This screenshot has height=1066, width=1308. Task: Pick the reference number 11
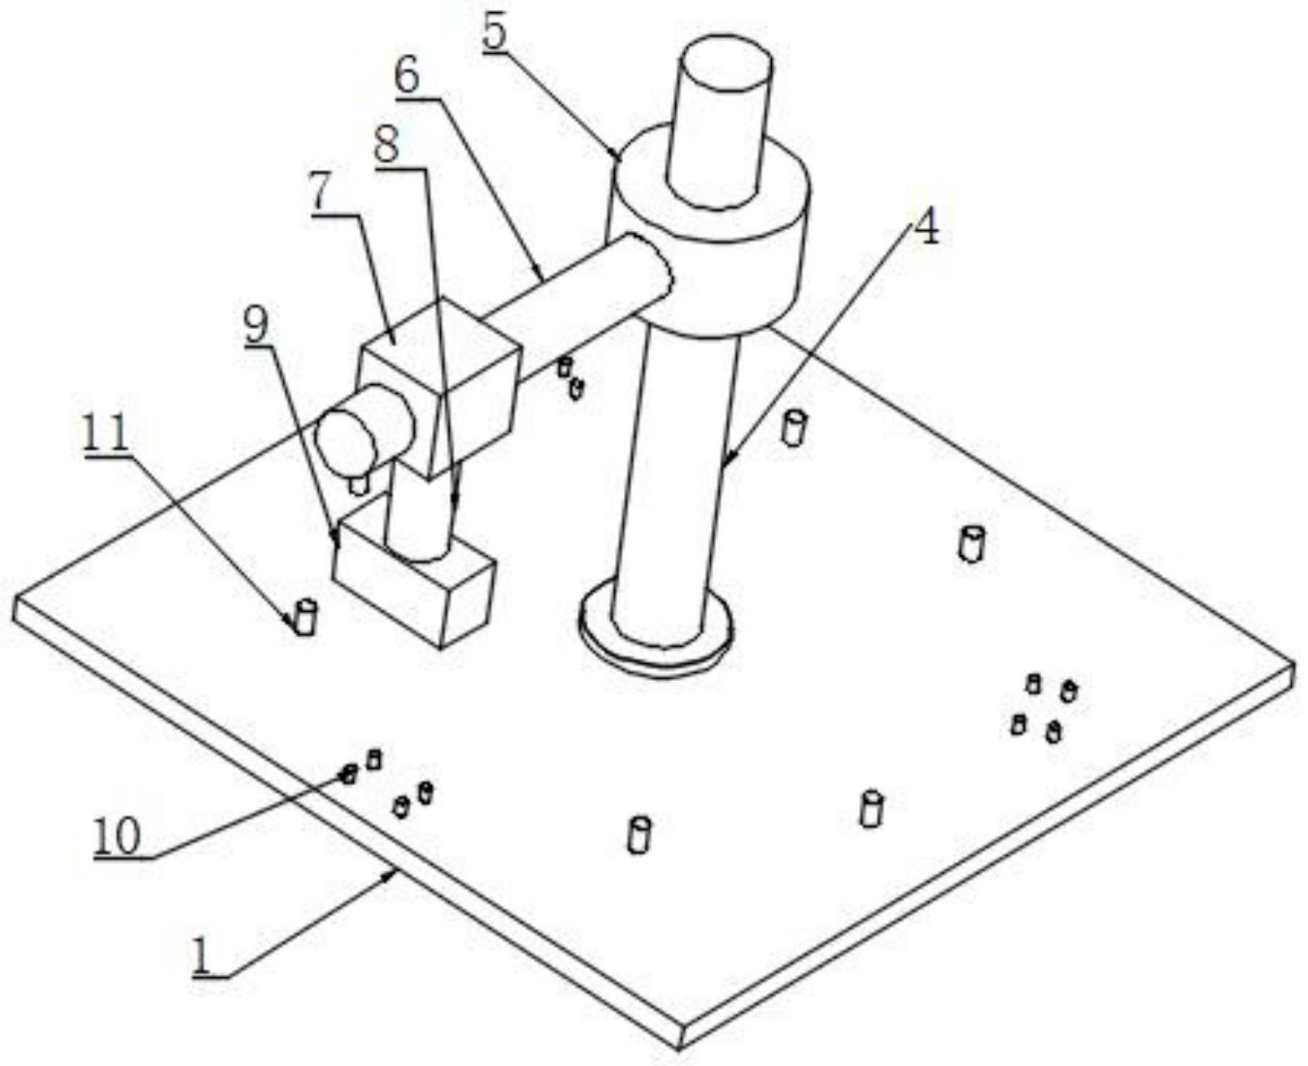click(x=107, y=435)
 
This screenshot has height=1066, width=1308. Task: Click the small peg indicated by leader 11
click(x=305, y=618)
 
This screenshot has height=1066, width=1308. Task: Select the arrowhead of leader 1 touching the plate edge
click(x=395, y=872)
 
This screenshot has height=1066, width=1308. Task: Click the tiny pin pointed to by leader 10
click(x=350, y=773)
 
